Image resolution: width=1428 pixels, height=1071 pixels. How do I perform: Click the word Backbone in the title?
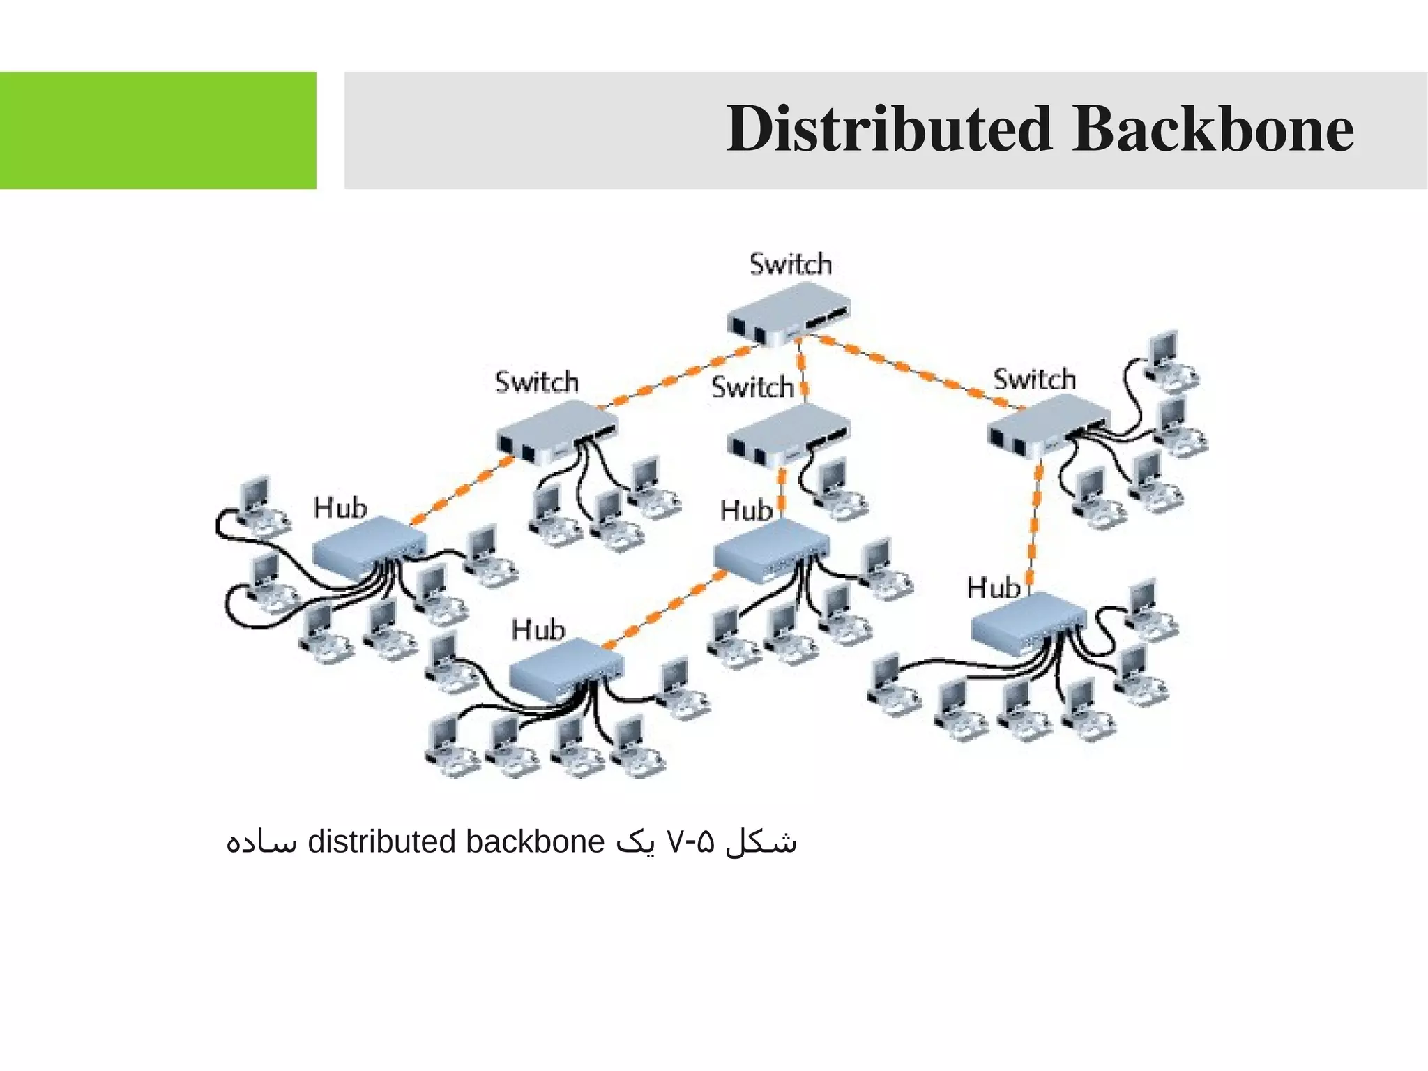pos(1213,129)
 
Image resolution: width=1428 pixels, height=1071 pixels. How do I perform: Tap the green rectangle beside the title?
pos(158,130)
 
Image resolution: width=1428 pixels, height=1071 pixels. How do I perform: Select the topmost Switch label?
pos(791,264)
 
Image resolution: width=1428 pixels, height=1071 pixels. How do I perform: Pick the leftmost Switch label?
pos(537,382)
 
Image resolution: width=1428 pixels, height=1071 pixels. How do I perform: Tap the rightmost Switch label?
pos(1035,380)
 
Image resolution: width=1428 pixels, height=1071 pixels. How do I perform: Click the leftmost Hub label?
pos(340,507)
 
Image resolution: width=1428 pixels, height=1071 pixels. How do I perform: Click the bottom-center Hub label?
pos(538,630)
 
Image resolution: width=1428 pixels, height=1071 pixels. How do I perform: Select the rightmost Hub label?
pos(994,588)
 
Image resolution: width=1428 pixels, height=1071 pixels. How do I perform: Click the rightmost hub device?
pos(1028,621)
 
